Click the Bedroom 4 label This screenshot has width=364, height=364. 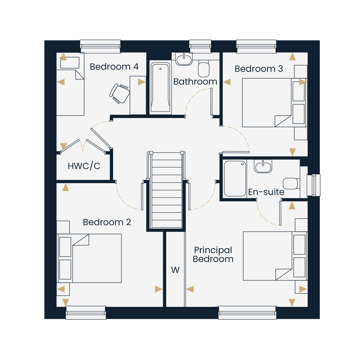(114, 67)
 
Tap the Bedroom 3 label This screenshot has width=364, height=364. (259, 69)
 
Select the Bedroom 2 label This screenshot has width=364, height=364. (107, 222)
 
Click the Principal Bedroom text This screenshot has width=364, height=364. (213, 254)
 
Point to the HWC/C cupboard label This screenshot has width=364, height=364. (84, 166)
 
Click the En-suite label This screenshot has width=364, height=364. (266, 192)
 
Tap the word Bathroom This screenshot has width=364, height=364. (195, 82)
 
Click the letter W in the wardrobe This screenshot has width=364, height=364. (175, 270)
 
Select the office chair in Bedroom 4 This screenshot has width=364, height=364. (120, 93)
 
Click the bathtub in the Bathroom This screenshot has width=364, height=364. (160, 87)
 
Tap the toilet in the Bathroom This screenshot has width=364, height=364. (204, 69)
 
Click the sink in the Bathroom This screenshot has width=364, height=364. (184, 59)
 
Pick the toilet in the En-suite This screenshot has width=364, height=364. (291, 184)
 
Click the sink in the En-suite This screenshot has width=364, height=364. (263, 166)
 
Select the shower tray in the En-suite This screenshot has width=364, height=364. (235, 178)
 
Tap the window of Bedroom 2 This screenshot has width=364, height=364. (86, 313)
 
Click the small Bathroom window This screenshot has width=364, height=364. (200, 46)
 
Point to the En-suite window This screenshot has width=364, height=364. (313, 185)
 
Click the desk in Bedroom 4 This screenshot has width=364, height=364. (138, 95)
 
